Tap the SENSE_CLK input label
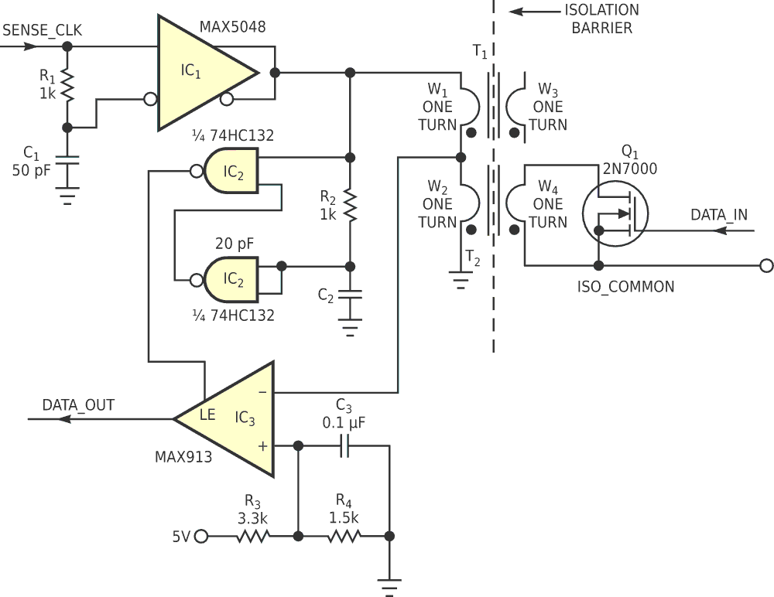pos(43,31)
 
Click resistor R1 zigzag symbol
pos(67,87)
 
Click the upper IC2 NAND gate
pos(231,172)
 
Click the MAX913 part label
pos(182,457)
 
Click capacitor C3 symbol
pos(344,445)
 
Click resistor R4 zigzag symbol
pos(344,536)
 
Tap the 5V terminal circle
pos(201,536)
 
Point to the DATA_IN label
pos(719,214)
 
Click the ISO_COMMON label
pos(625,287)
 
